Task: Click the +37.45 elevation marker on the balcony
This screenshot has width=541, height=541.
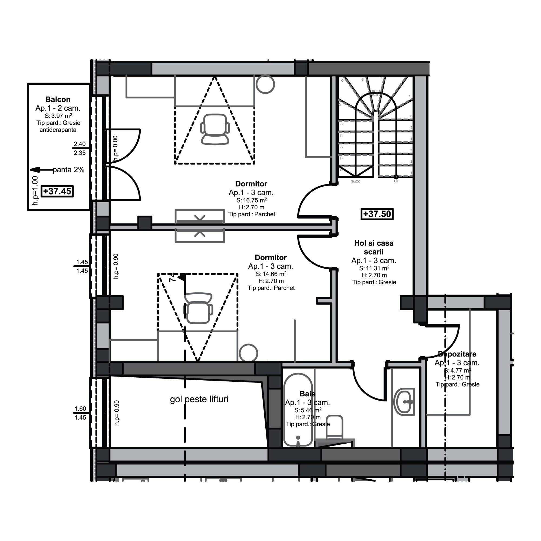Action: click(x=57, y=192)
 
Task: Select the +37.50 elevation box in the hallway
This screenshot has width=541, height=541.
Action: click(x=377, y=214)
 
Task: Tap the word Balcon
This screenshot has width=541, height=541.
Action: click(x=58, y=99)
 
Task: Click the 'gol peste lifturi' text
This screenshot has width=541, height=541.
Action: click(x=199, y=399)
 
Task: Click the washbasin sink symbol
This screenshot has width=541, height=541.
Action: click(x=404, y=402)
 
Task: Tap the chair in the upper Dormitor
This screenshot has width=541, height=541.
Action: click(x=215, y=129)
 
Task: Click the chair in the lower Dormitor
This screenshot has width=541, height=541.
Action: click(x=198, y=308)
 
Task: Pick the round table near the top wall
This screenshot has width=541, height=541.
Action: click(x=265, y=84)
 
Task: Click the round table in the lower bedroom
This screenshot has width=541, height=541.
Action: click(x=249, y=353)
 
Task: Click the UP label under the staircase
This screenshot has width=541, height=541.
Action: click(x=396, y=182)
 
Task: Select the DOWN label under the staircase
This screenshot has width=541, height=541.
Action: click(x=356, y=182)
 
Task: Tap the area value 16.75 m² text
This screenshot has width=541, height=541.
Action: click(x=251, y=200)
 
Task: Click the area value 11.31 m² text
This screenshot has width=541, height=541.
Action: click(x=374, y=268)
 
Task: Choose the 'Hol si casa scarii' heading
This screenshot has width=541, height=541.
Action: click(x=374, y=247)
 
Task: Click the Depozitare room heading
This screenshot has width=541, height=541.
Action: click(x=457, y=354)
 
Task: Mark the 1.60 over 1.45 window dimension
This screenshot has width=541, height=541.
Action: click(x=80, y=413)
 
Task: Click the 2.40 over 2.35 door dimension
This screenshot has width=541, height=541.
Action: click(x=80, y=149)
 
